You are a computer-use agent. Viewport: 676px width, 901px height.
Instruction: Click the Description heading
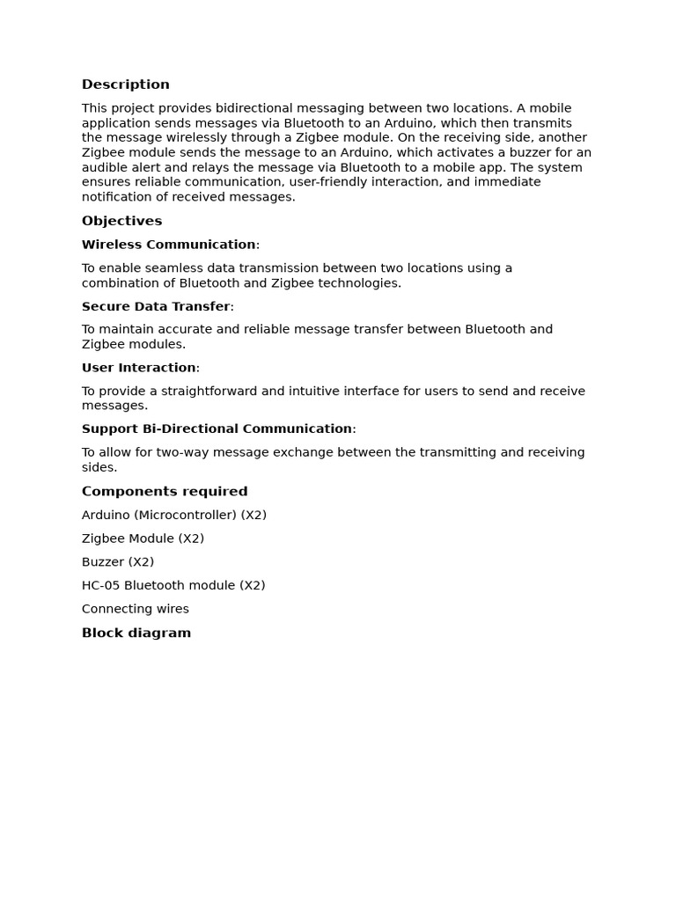coord(125,84)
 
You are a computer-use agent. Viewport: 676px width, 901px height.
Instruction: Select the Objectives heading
coord(121,221)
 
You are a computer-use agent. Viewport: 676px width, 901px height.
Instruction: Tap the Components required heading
coord(165,491)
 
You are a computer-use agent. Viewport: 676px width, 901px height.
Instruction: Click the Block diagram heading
coord(136,633)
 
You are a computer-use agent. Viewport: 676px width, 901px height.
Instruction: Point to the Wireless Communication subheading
coord(169,245)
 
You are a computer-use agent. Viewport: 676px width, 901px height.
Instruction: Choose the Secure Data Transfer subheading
coord(156,306)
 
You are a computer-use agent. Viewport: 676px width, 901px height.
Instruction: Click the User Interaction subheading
coord(139,368)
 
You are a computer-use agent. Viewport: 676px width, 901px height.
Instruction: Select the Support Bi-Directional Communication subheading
coord(217,429)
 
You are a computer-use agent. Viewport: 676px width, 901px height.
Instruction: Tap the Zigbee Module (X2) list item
coord(143,538)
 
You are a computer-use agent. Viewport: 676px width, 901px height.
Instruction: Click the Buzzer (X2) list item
coord(118,561)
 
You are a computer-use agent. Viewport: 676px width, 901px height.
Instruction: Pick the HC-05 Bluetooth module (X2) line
coord(173,585)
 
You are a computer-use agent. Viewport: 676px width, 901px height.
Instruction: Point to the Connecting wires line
coord(136,609)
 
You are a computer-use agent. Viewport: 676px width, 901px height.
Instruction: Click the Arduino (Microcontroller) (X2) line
coord(174,515)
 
